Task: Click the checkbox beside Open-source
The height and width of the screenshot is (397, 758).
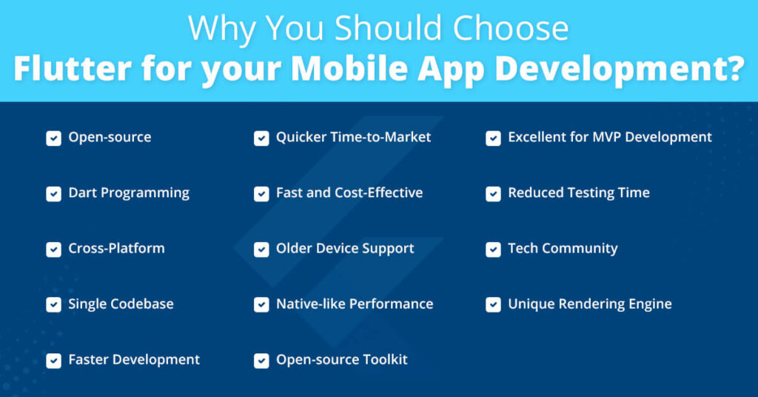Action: (x=53, y=138)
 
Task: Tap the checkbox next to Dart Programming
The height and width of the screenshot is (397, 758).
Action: (x=53, y=193)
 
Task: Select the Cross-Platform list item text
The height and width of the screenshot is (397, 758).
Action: (x=116, y=248)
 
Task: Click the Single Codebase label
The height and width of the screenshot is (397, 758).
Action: (x=121, y=304)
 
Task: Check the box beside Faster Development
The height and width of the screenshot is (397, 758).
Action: (x=53, y=360)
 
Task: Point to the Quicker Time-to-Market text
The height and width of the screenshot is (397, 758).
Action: (x=353, y=137)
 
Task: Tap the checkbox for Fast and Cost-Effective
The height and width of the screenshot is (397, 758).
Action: (x=261, y=193)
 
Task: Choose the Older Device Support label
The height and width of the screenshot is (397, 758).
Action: (x=345, y=248)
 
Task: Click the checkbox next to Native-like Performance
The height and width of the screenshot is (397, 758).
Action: (x=261, y=304)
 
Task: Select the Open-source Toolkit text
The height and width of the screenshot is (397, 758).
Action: (x=341, y=359)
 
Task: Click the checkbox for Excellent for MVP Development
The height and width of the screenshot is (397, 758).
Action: (x=493, y=138)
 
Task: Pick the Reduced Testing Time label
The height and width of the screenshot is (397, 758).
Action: (x=578, y=193)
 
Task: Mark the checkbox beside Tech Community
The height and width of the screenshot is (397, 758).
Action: (x=493, y=249)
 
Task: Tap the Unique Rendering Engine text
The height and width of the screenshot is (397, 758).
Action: (x=589, y=304)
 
